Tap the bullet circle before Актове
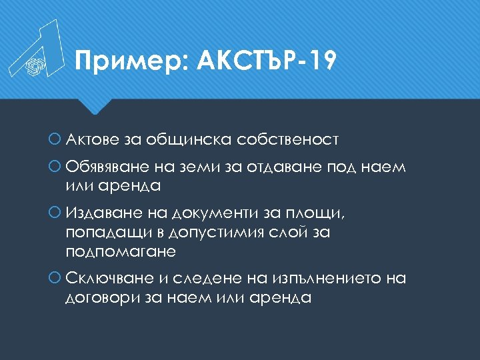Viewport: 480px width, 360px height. pos(57,140)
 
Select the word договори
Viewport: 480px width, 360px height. pos(103,298)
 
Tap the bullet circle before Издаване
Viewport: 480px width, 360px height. pos(57,213)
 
